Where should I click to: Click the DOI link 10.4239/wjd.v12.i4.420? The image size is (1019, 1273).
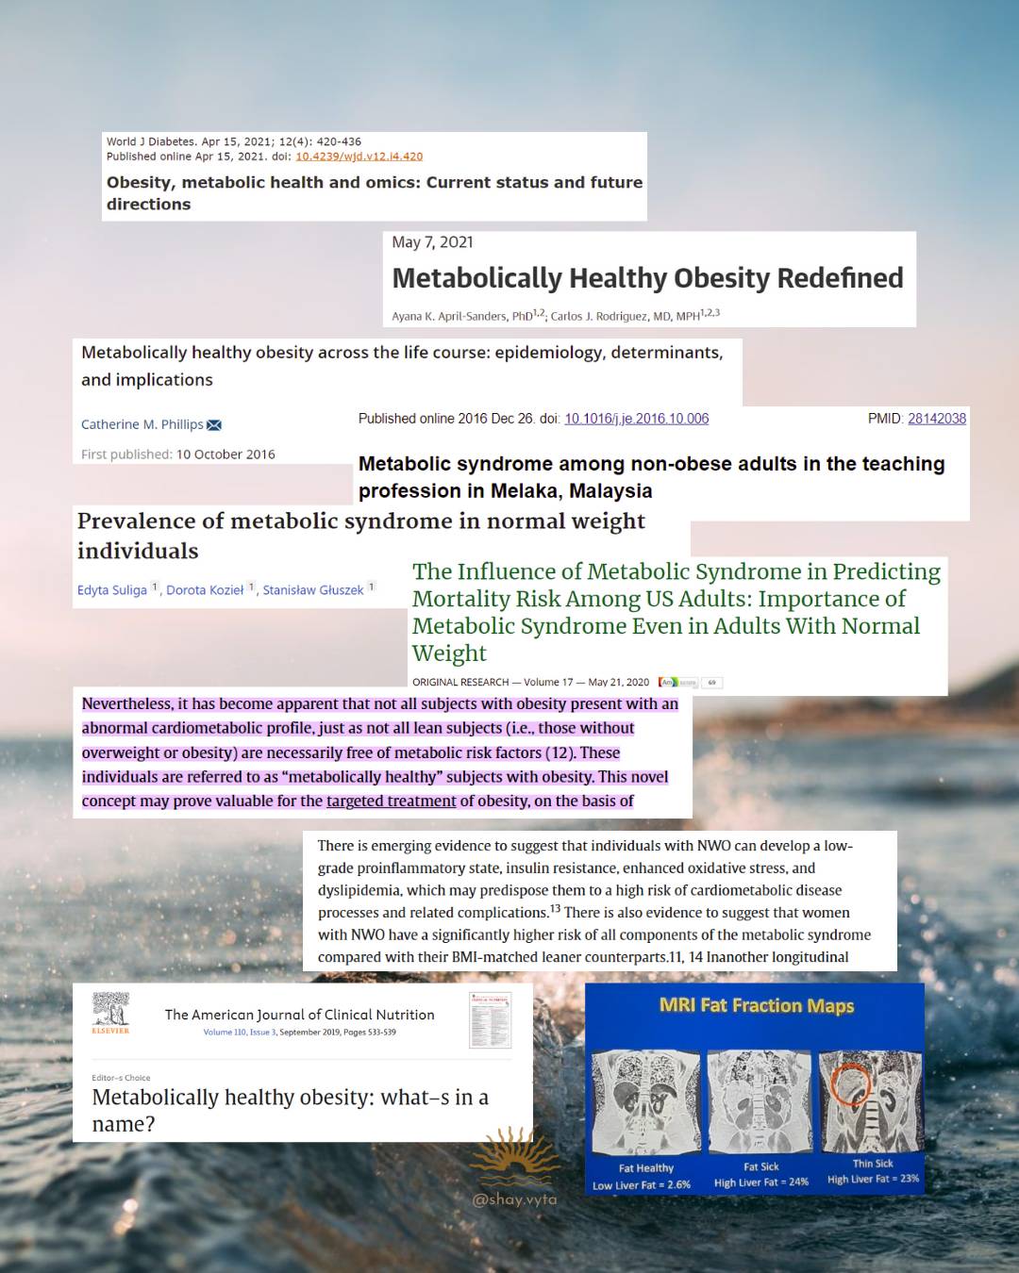pyautogui.click(x=359, y=157)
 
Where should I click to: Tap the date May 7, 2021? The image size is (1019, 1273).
pyautogui.click(x=432, y=242)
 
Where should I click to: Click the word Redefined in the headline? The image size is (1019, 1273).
pyautogui.click(x=840, y=278)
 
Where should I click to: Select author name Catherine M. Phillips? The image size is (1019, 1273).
pyautogui.click(x=142, y=424)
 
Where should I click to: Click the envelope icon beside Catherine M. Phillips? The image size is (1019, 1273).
pyautogui.click(x=214, y=425)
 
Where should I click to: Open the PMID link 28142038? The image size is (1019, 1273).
pyautogui.click(x=936, y=419)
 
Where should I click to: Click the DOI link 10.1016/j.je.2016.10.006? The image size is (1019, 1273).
pyautogui.click(x=636, y=419)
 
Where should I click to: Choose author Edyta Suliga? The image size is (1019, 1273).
pyautogui.click(x=112, y=590)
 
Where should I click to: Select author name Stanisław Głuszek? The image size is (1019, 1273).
pyautogui.click(x=312, y=590)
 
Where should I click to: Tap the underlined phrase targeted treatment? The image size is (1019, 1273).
pyautogui.click(x=391, y=802)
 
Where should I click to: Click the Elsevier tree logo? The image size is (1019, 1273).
pyautogui.click(x=110, y=1010)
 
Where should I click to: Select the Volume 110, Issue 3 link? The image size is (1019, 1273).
pyautogui.click(x=240, y=1033)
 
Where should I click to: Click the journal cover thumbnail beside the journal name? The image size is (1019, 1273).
pyautogui.click(x=490, y=1019)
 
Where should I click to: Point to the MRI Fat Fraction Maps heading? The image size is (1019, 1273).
pyautogui.click(x=756, y=1006)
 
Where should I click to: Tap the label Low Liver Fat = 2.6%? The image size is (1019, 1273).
pyautogui.click(x=642, y=1185)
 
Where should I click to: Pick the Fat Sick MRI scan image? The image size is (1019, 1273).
pyautogui.click(x=760, y=1102)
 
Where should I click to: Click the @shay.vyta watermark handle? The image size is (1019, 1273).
pyautogui.click(x=514, y=1199)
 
